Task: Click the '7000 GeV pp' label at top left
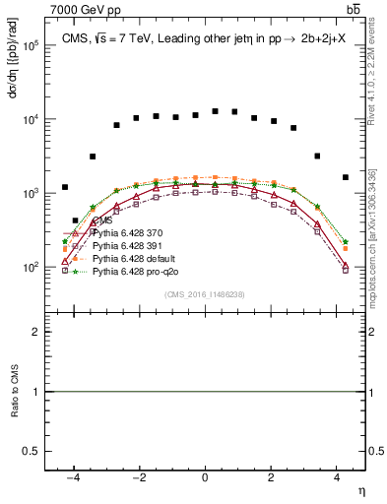80,9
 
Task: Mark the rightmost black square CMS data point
345,177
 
